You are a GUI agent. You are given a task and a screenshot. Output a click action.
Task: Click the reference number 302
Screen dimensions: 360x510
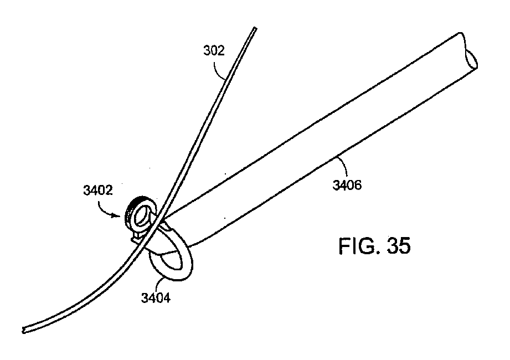coord(213,52)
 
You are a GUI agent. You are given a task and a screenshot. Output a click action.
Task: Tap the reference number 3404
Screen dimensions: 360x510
coord(156,299)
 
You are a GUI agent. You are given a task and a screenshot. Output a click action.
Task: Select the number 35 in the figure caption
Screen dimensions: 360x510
coord(397,246)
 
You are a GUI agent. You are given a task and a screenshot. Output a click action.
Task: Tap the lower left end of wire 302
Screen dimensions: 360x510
coord(24,330)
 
